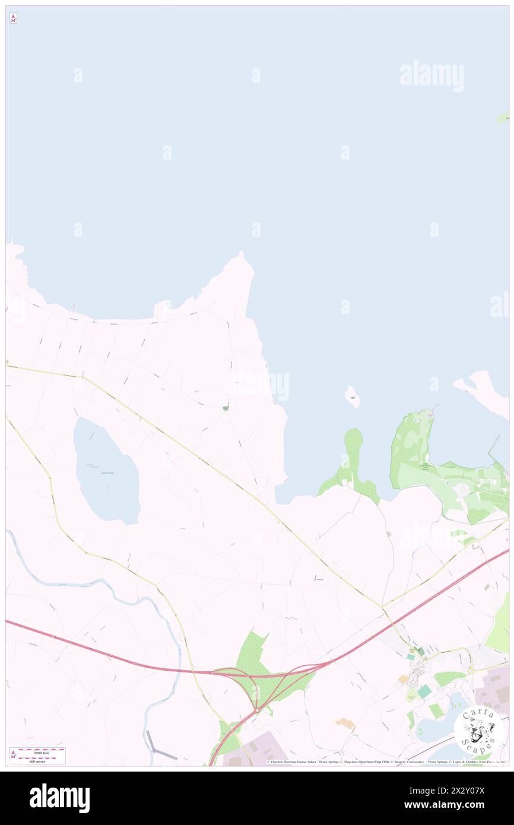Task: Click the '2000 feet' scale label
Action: (x=38, y=751)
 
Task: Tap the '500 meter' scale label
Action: (x=38, y=760)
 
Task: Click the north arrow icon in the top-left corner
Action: (x=13, y=18)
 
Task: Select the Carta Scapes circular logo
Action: (x=478, y=731)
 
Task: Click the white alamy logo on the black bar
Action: (x=59, y=798)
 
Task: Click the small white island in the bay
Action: (x=353, y=396)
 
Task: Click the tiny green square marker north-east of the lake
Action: (x=225, y=408)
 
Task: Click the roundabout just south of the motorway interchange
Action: (x=258, y=710)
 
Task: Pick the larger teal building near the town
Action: (x=424, y=691)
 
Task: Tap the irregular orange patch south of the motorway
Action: (x=345, y=723)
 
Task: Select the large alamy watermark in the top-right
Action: (x=431, y=76)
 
